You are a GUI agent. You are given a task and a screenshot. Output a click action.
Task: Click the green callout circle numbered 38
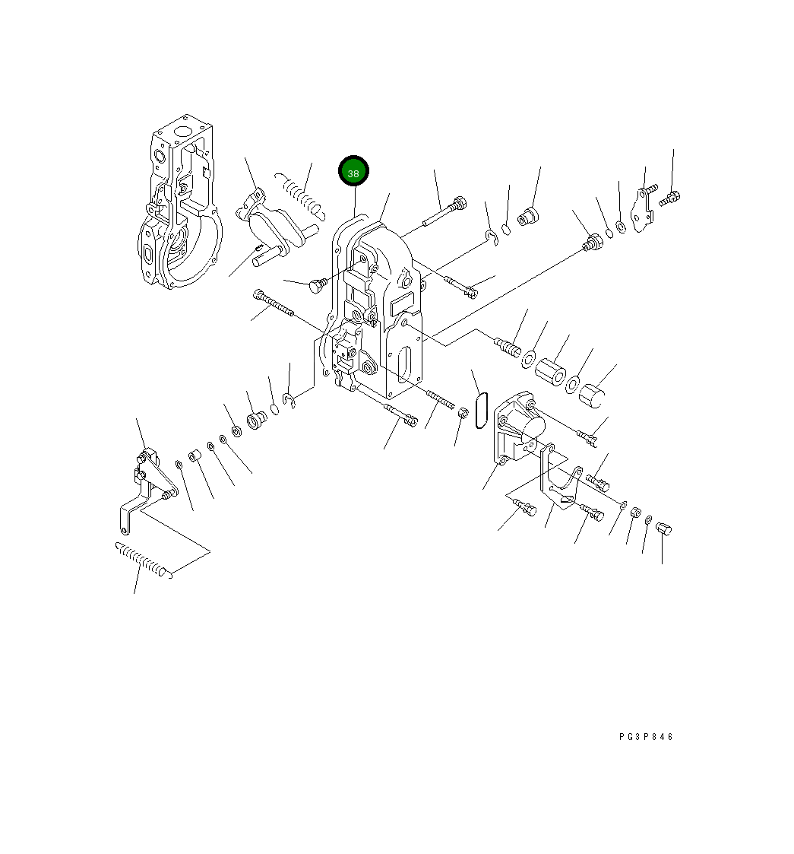pos(353,173)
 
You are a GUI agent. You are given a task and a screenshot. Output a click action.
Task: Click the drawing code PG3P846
pos(646,736)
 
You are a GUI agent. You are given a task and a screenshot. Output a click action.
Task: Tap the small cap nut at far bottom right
pos(663,529)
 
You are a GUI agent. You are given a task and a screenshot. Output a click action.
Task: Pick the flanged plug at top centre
pos(527,217)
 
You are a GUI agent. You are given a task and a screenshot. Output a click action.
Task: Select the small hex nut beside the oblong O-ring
pos(461,413)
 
